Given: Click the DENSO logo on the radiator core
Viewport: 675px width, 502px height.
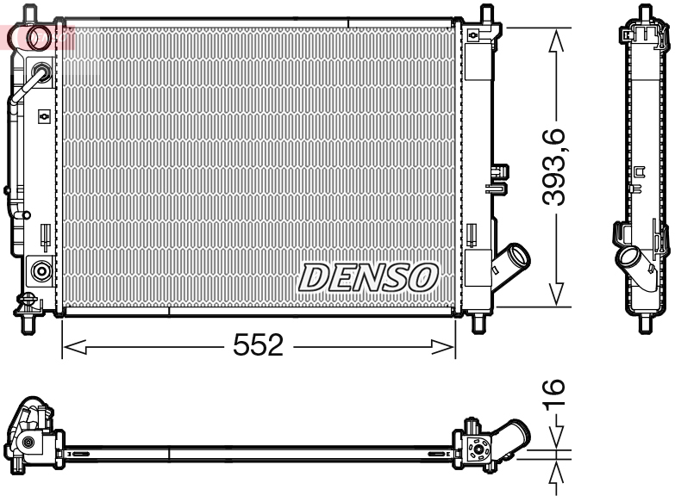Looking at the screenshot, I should [368, 277].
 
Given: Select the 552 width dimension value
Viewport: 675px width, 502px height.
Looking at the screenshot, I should [259, 346].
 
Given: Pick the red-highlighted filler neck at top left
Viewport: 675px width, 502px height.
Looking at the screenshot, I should [39, 37].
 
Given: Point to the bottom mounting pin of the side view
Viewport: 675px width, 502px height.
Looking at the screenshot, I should [643, 324].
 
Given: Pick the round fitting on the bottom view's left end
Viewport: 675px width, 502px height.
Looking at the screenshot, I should [28, 443].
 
